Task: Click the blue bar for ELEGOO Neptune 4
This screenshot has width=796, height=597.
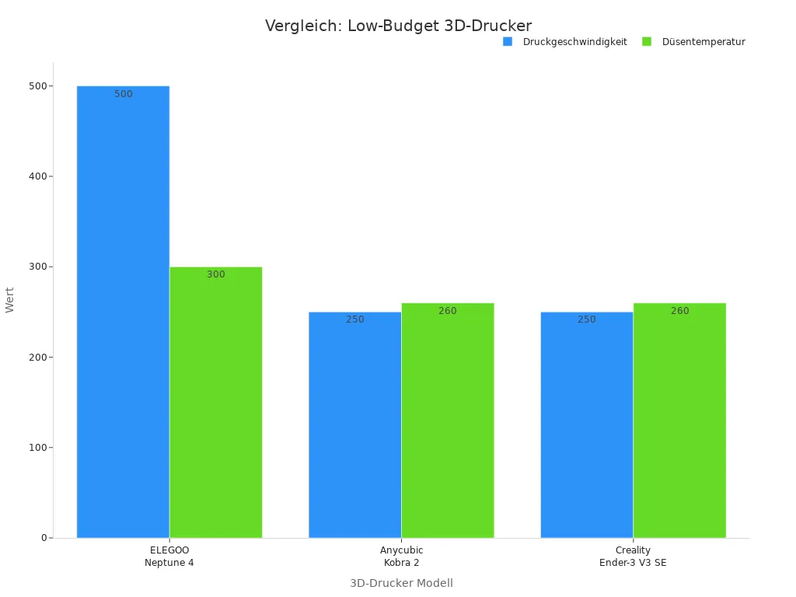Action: pos(123,311)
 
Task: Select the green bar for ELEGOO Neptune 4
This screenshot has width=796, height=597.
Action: pos(215,402)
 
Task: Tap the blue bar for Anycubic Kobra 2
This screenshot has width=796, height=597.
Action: pos(354,424)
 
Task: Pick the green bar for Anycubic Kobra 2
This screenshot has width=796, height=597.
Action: pos(447,420)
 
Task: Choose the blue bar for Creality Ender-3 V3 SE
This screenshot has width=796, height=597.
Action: pos(586,424)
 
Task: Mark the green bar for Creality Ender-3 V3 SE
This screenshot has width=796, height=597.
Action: pos(679,420)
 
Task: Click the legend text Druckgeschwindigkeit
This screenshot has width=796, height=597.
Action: pos(574,42)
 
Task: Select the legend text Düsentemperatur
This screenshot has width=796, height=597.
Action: pos(703,42)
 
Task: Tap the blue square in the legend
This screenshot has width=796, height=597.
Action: pos(508,41)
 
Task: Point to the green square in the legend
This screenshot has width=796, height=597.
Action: pos(647,41)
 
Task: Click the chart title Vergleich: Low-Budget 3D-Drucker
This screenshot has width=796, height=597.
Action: pos(398,26)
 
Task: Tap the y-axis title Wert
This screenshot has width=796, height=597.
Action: pos(10,300)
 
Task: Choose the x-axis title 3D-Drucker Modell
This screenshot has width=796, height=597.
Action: pos(401,583)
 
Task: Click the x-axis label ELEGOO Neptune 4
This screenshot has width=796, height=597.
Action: pos(169,556)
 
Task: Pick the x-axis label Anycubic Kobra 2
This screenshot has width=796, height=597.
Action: pos(401,556)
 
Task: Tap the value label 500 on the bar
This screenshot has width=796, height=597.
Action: pos(123,94)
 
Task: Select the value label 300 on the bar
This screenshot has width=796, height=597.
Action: pos(215,274)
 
